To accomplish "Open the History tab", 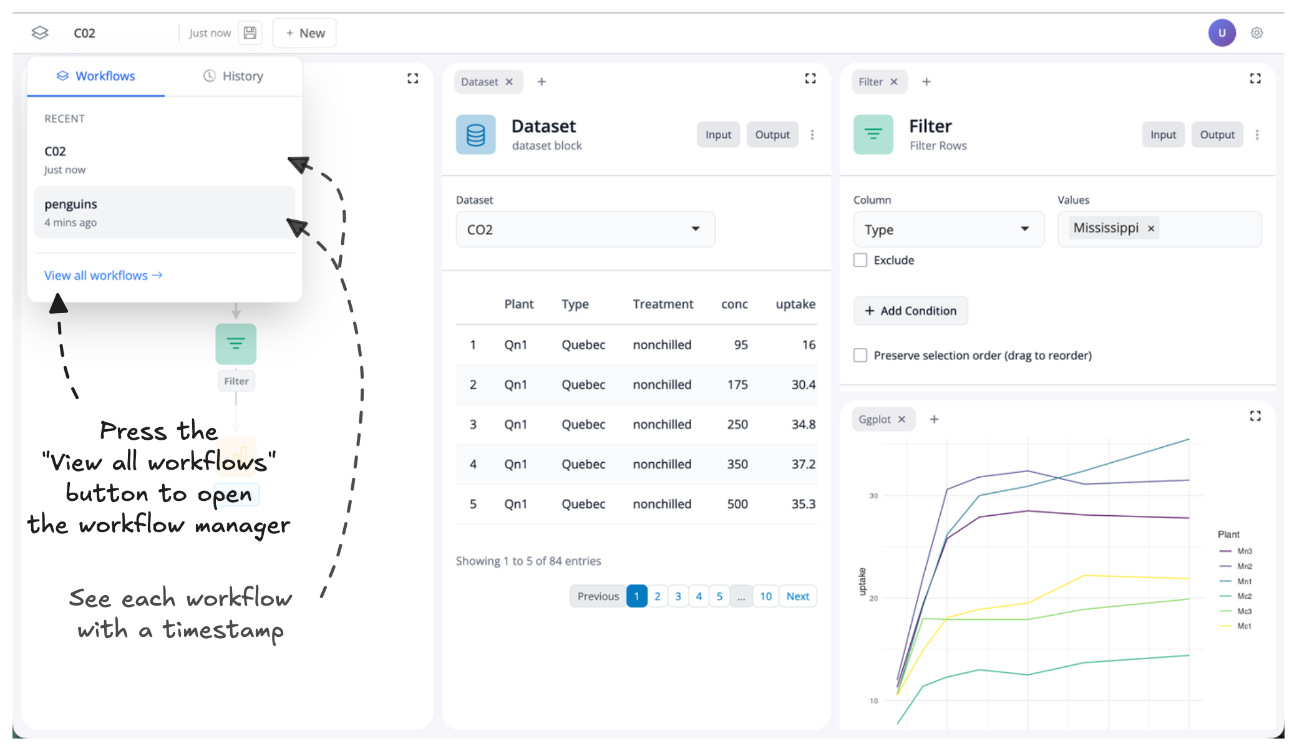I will pyautogui.click(x=233, y=76).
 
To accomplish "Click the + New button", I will pyautogui.click(x=304, y=33).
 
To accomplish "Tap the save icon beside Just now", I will pyautogui.click(x=250, y=33).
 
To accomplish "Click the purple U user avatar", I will pyautogui.click(x=1222, y=33).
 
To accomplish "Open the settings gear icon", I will pyautogui.click(x=1256, y=33).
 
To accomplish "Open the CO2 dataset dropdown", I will pyautogui.click(x=585, y=230).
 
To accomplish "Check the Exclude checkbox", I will pyautogui.click(x=860, y=260).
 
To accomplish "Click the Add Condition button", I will pyautogui.click(x=910, y=311).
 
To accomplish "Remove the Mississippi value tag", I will pyautogui.click(x=1151, y=229).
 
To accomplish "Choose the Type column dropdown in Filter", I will pyautogui.click(x=948, y=230).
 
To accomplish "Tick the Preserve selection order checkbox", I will pyautogui.click(x=860, y=356).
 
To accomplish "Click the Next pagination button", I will pyautogui.click(x=797, y=596).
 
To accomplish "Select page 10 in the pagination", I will pyautogui.click(x=765, y=596).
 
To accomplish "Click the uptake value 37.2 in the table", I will pyautogui.click(x=803, y=464).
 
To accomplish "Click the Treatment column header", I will pyautogui.click(x=663, y=304).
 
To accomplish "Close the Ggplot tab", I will pyautogui.click(x=901, y=420).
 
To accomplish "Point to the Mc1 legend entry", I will pyautogui.click(x=1243, y=626).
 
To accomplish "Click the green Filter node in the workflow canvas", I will pyautogui.click(x=236, y=344).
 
